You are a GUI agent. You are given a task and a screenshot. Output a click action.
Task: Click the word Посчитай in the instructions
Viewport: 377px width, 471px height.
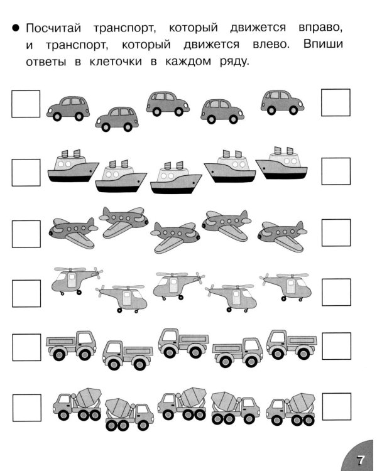(53, 28)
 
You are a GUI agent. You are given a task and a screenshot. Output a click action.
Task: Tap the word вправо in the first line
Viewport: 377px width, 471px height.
(320, 28)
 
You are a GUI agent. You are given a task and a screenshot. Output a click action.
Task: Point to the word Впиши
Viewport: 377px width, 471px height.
(323, 44)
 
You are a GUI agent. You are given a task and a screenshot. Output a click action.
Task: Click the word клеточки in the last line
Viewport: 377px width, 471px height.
(116, 62)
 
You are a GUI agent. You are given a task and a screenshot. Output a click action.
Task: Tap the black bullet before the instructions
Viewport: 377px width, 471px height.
(15, 28)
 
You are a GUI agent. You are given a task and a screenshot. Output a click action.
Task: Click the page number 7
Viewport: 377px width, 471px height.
(360, 460)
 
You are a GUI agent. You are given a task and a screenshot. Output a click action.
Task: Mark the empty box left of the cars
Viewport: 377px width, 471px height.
(26, 104)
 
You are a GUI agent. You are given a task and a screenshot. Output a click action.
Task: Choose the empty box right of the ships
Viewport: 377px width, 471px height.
(336, 171)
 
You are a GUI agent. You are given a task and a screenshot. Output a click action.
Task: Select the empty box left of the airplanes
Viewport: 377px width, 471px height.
(26, 234)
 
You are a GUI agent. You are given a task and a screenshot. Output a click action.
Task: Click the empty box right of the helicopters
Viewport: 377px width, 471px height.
(336, 292)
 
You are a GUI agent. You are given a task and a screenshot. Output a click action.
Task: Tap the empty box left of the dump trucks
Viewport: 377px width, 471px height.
(27, 347)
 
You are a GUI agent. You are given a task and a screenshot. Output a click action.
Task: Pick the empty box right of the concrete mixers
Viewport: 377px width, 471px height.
(337, 406)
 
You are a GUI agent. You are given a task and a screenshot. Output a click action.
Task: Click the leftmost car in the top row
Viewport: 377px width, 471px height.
(68, 109)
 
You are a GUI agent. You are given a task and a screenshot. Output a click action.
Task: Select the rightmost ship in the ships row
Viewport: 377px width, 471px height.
(281, 163)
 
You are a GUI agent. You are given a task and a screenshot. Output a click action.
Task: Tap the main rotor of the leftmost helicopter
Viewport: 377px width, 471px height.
(70, 269)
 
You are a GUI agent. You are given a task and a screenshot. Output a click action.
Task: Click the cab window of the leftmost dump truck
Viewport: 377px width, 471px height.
(86, 338)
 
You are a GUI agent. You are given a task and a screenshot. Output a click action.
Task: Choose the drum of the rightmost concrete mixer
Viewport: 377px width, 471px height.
(302, 403)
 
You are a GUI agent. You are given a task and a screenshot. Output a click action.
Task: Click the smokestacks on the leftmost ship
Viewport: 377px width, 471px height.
(71, 153)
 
